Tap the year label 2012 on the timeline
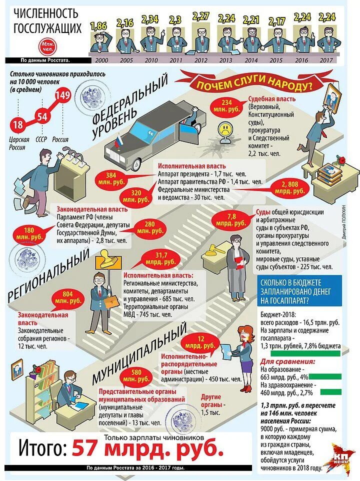click(x=201, y=59)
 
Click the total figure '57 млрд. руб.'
click(x=148, y=448)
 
